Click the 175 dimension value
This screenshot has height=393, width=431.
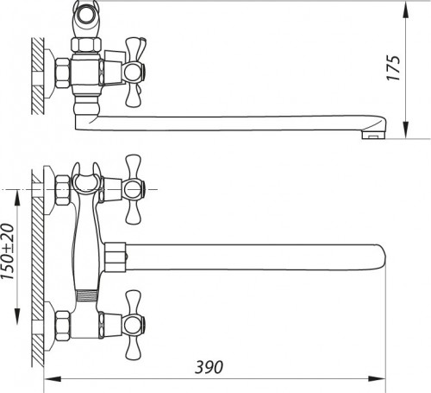417,67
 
